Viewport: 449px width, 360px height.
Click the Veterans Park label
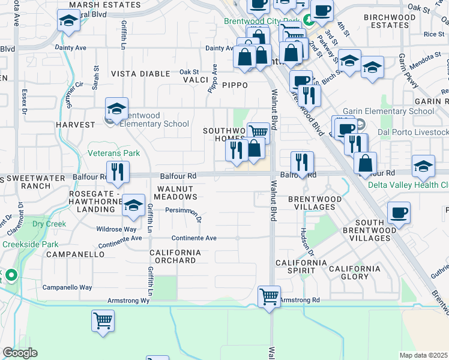tap(114, 153)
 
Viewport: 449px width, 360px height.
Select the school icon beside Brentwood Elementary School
tap(116, 109)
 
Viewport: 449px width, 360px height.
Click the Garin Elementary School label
tap(388, 111)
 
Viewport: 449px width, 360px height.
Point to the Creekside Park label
tap(30, 244)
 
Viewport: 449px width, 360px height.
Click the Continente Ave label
tap(194, 238)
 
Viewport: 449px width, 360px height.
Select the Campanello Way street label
tap(67, 287)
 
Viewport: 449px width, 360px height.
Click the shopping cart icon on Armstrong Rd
tap(269, 296)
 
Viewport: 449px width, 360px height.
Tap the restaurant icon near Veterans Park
tap(118, 172)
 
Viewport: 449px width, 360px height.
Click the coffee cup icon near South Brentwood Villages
tap(399, 212)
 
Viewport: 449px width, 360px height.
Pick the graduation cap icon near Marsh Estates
tap(69, 22)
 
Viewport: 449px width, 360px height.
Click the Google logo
tap(20, 353)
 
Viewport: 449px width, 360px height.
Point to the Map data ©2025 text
tap(423, 355)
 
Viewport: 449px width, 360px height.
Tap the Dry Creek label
tap(49, 224)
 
